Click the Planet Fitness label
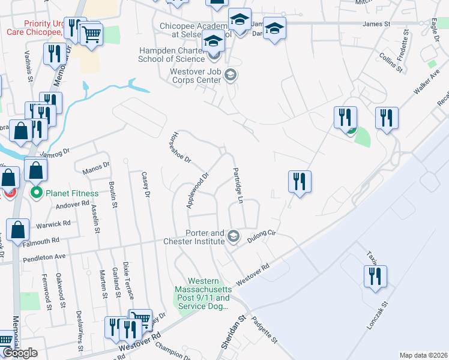73,193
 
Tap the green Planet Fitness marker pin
35,193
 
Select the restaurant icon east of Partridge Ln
299,182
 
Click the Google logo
19,353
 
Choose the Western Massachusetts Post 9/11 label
209,293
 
